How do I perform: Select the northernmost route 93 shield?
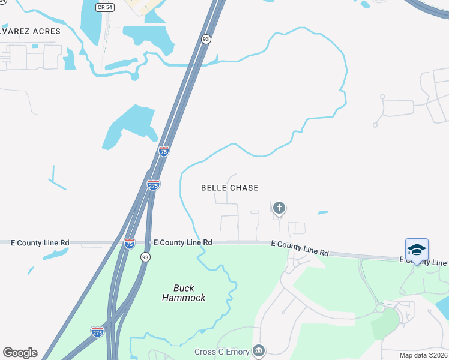pyautogui.click(x=206, y=39)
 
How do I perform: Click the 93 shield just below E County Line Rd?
pyautogui.click(x=145, y=257)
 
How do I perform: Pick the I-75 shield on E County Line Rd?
pyautogui.click(x=129, y=243)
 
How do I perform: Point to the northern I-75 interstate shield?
pyautogui.click(x=164, y=151)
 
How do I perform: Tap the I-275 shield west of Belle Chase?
pyautogui.click(x=154, y=185)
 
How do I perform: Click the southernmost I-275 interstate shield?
pyautogui.click(x=97, y=331)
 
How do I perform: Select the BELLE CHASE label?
pyautogui.click(x=229, y=188)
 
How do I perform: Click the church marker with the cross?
pyautogui.click(x=279, y=208)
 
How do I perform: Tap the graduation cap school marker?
pyautogui.click(x=417, y=249)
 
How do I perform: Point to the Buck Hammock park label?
pyautogui.click(x=184, y=292)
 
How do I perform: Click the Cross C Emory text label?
pyautogui.click(x=221, y=352)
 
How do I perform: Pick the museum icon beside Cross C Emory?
pyautogui.click(x=259, y=350)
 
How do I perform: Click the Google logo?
pyautogui.click(x=20, y=353)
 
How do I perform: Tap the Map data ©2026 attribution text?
pyautogui.click(x=423, y=355)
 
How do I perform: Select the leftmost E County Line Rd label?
pyautogui.click(x=40, y=243)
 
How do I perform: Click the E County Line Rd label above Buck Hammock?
pyautogui.click(x=182, y=242)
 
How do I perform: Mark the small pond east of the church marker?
pyautogui.click(x=323, y=212)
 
